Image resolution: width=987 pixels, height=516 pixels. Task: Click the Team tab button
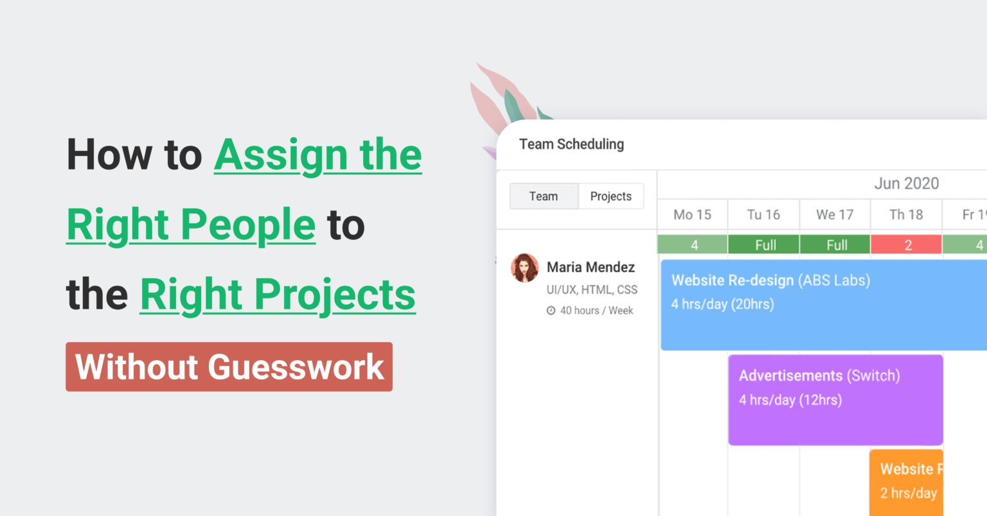tap(544, 196)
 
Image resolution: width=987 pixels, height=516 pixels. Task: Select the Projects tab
tap(610, 196)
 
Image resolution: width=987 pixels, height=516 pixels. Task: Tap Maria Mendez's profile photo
tap(525, 268)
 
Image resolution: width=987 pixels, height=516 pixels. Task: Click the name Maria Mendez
tap(591, 267)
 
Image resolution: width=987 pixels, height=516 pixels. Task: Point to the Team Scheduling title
tap(571, 144)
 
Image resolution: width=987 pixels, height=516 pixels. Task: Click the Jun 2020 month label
tap(906, 184)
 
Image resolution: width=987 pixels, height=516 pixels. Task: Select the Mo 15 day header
tap(692, 215)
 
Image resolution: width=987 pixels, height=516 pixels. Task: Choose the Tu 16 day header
tap(763, 215)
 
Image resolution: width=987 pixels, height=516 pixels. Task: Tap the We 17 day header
tap(835, 215)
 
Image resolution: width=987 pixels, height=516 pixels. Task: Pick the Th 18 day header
tap(906, 215)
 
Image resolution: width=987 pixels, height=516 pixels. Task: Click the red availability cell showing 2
tap(907, 245)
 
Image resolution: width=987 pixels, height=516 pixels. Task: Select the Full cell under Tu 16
tap(764, 245)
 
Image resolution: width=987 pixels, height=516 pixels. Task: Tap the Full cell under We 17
tap(835, 245)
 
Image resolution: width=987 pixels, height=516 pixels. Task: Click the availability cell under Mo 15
tap(693, 245)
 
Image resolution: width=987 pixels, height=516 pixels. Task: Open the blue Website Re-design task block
tap(822, 305)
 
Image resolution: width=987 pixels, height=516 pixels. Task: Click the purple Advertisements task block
tap(835, 400)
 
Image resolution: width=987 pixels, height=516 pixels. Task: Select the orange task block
tap(907, 483)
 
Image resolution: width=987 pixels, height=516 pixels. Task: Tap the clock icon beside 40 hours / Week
tap(551, 311)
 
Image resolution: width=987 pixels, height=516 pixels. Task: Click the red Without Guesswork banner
tap(229, 367)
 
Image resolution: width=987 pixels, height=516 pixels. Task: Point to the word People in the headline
tap(247, 225)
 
